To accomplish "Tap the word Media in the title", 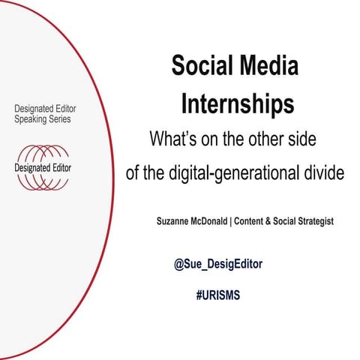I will click(267, 67).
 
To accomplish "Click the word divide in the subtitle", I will click(317, 172).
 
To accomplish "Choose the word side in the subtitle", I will click(306, 139).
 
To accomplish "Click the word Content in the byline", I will click(267, 222).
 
